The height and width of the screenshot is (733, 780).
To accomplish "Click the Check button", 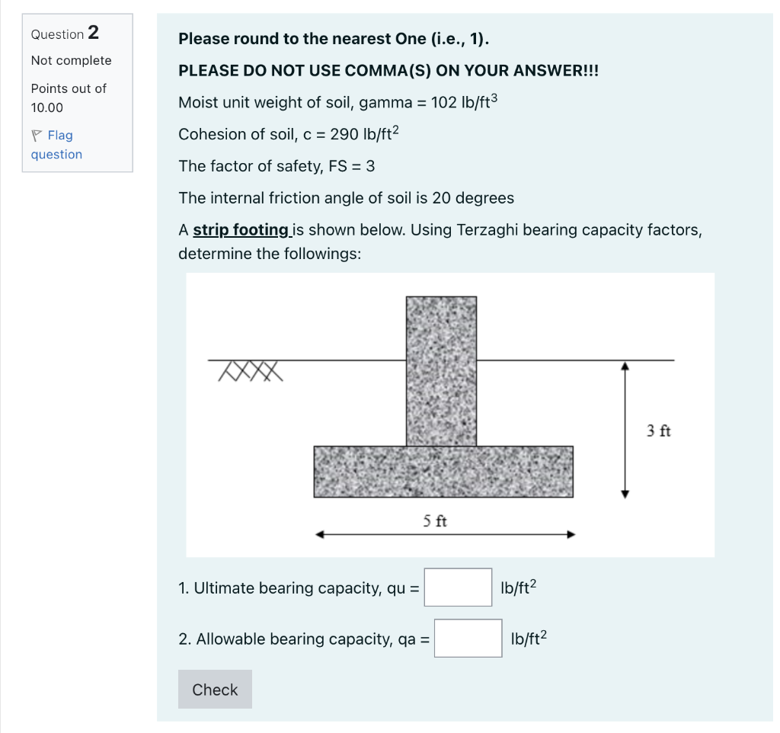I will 215,690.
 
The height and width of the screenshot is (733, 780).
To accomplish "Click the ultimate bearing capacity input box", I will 458,587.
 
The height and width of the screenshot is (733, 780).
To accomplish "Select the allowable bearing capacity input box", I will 468,639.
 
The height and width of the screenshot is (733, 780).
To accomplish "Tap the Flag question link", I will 57,145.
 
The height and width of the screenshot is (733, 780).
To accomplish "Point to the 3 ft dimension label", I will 659,431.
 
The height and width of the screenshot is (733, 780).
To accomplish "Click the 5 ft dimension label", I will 435,521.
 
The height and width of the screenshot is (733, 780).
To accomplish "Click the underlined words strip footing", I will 241,230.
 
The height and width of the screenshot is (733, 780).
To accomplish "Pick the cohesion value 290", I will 344,135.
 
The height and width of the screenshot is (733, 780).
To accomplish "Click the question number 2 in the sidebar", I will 93,33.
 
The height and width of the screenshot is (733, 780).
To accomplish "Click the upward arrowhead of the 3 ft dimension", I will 625,366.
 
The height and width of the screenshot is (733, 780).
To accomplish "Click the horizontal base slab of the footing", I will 443,472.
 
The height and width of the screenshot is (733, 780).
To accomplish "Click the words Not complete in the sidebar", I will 71,61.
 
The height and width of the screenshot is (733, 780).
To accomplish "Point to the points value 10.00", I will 47,108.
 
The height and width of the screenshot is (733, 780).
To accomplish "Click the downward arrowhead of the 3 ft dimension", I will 625,493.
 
